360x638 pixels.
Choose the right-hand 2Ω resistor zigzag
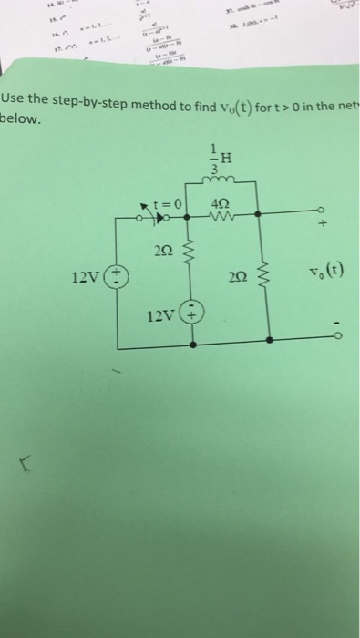point(267,278)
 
